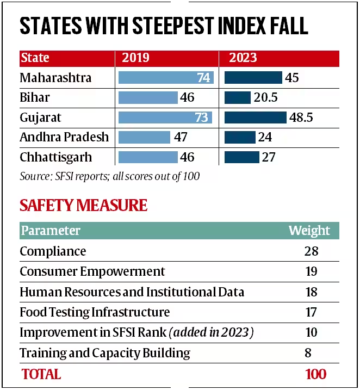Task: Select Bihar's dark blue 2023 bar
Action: point(237,98)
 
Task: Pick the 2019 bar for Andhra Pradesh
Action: point(144,137)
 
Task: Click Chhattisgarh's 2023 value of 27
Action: point(269,157)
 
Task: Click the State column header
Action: point(35,58)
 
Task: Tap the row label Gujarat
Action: point(41,117)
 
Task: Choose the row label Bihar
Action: point(35,98)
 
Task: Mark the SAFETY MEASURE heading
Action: point(83,205)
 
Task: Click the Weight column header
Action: point(309,231)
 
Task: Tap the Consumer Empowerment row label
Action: point(92,271)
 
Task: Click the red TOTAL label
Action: point(41,374)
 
